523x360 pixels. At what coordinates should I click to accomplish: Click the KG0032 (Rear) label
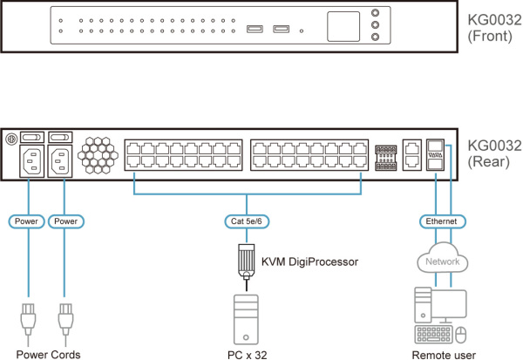point(490,153)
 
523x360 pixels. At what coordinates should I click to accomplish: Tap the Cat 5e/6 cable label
point(247,221)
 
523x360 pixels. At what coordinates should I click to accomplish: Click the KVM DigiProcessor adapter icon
point(248,260)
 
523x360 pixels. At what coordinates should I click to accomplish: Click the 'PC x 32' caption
point(248,354)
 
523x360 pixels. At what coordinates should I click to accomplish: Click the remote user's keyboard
point(431,335)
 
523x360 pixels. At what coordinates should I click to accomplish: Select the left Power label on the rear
point(26,221)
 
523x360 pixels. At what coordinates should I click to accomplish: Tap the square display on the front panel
point(345,25)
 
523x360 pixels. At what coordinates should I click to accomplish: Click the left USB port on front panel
point(253,31)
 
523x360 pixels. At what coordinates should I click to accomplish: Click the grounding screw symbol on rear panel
point(11,138)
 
